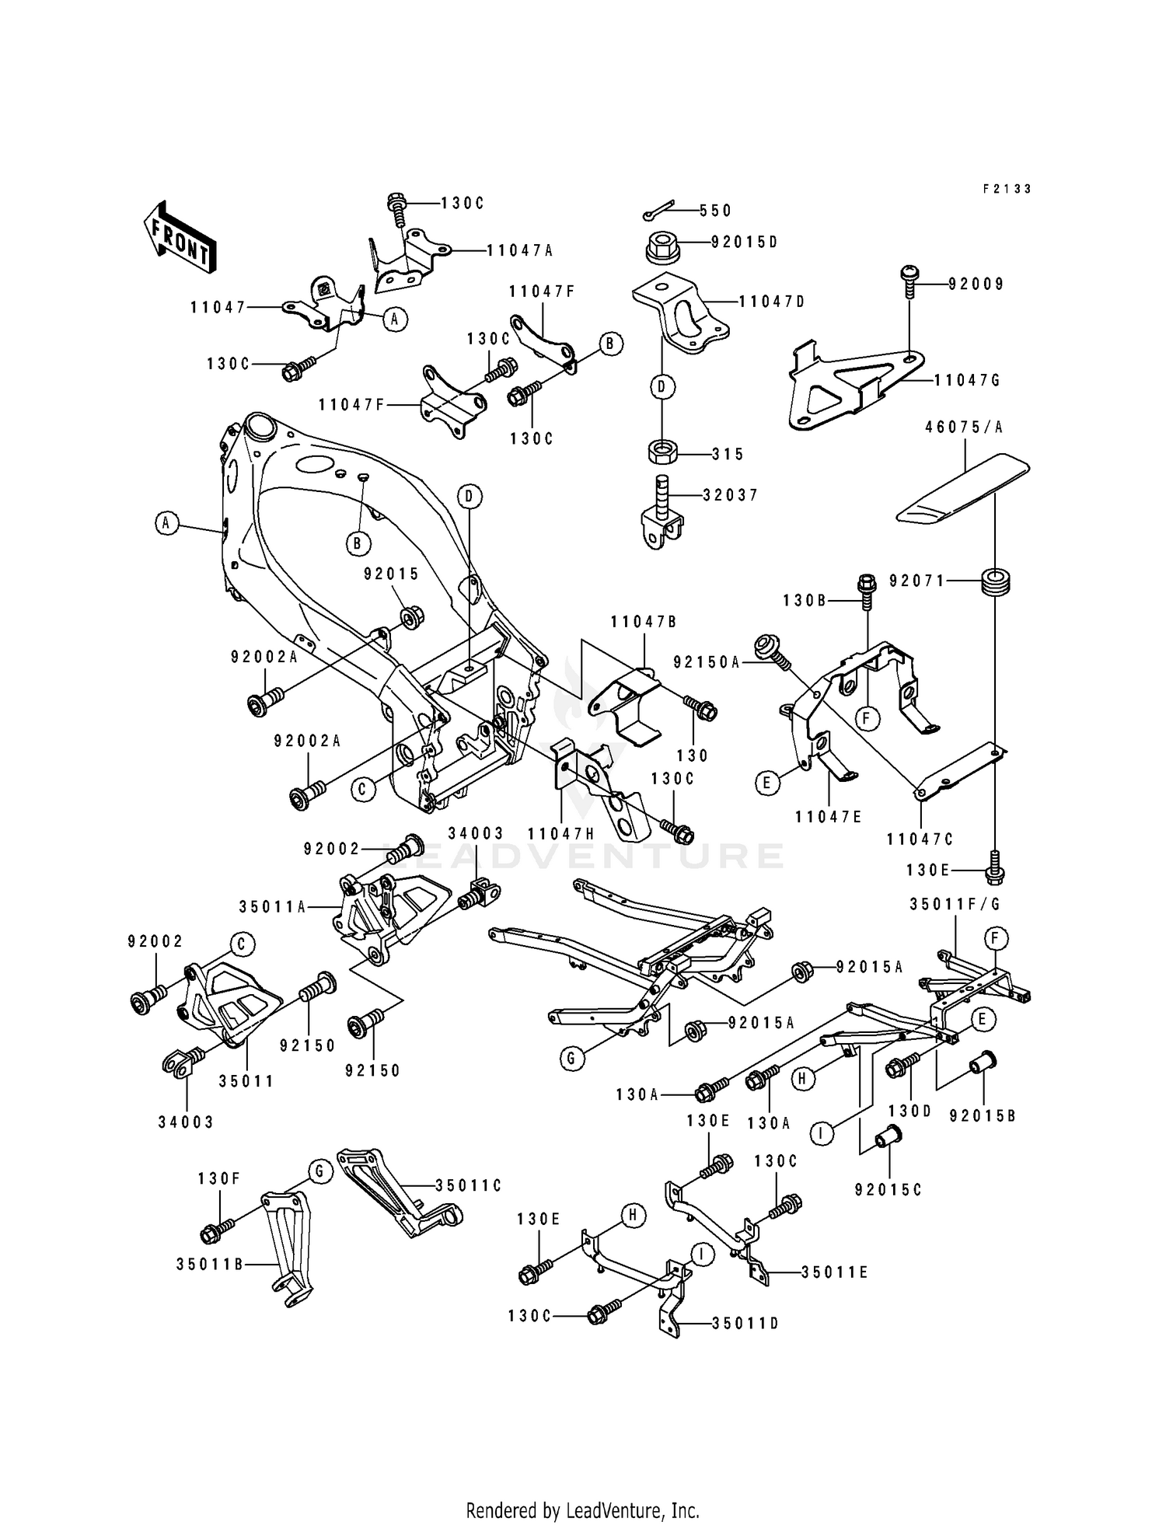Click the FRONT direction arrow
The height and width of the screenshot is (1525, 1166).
(179, 237)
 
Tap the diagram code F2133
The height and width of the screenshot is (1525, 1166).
(1007, 189)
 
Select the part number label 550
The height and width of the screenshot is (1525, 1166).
(715, 211)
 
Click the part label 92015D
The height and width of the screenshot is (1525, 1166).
(744, 242)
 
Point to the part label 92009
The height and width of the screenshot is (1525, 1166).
(976, 284)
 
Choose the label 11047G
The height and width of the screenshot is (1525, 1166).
(966, 380)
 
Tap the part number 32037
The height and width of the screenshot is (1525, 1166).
(730, 495)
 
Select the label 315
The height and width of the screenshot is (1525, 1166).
(728, 455)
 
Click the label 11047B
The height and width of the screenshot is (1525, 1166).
(644, 621)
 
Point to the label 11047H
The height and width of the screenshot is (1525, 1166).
(560, 833)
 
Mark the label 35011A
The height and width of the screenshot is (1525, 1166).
(272, 906)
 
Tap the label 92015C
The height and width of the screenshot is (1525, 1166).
(888, 1190)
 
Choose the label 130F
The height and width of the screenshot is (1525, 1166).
(218, 1178)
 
